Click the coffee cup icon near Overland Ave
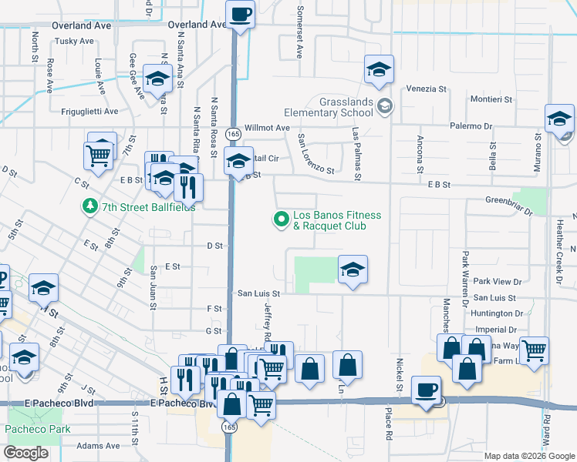241,14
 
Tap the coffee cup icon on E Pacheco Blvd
427,390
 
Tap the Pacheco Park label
38,429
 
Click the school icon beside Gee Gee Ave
157,79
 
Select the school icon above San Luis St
353,270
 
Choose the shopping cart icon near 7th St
99,156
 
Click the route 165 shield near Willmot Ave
231,134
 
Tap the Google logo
25,453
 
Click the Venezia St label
427,89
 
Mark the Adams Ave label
98,445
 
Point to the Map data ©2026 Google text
528,456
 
